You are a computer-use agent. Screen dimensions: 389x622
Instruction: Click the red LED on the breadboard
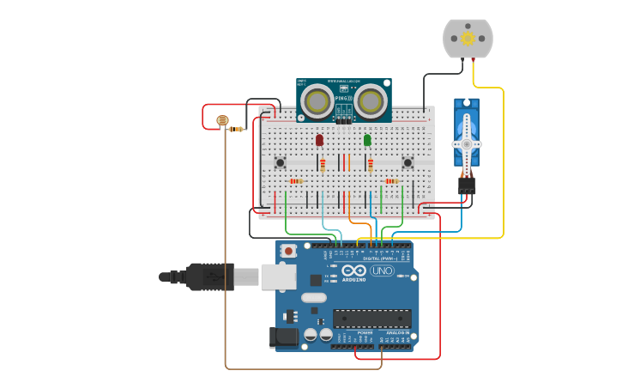click(x=319, y=140)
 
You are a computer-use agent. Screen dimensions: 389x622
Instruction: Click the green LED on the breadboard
click(x=367, y=140)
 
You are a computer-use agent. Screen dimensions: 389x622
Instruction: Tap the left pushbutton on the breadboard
click(x=280, y=162)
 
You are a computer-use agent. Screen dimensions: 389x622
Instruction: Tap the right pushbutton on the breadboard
click(x=408, y=162)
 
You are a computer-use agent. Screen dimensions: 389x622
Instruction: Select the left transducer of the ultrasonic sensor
click(x=317, y=101)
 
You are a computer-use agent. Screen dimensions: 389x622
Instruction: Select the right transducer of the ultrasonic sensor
click(x=371, y=101)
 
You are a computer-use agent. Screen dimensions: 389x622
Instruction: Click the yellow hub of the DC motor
click(x=468, y=39)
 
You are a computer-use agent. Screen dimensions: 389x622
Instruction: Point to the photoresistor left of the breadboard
click(x=223, y=122)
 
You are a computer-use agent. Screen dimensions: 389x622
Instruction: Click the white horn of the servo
click(x=467, y=137)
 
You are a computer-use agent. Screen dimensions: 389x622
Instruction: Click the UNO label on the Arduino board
click(x=382, y=270)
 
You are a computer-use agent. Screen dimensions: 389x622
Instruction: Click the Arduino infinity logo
click(x=353, y=270)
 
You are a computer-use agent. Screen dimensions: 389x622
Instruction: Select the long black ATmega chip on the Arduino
click(x=371, y=318)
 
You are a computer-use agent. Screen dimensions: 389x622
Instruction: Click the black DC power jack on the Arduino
click(x=286, y=337)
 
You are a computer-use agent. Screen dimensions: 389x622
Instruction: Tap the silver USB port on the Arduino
click(x=279, y=276)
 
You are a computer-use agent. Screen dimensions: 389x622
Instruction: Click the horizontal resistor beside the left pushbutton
click(x=296, y=181)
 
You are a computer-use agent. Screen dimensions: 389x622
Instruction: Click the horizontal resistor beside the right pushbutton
click(x=392, y=181)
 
